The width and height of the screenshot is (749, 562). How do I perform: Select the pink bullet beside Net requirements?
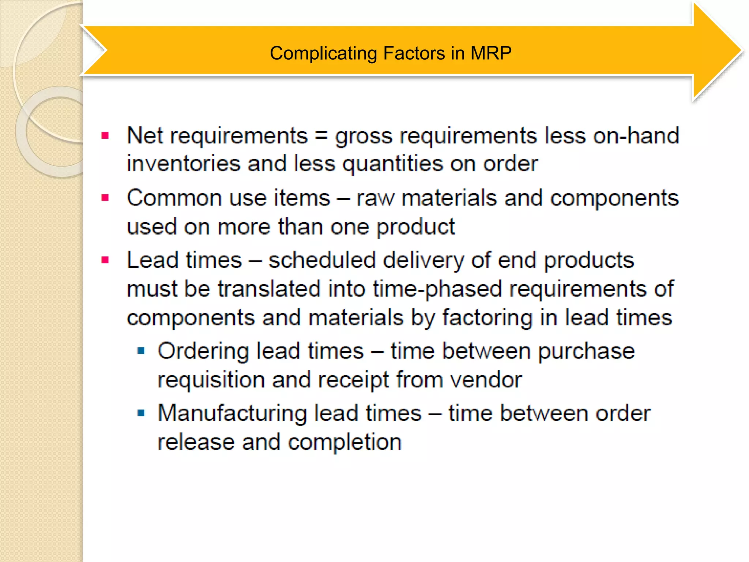pyautogui.click(x=105, y=136)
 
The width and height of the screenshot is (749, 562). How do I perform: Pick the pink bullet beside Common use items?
pyautogui.click(x=105, y=198)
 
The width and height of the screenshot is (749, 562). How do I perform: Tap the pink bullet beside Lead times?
pyautogui.click(x=105, y=260)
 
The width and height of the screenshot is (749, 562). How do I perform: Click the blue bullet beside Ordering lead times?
pyautogui.click(x=141, y=351)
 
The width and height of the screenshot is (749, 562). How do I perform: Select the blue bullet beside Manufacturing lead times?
pyautogui.click(x=141, y=413)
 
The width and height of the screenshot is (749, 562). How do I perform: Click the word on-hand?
pyautogui.click(x=636, y=136)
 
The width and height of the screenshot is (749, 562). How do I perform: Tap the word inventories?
pyautogui.click(x=184, y=164)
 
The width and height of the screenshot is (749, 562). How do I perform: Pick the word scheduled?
pyautogui.click(x=322, y=260)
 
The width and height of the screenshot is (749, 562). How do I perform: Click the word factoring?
pyautogui.click(x=488, y=318)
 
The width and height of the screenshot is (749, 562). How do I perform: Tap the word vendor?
pyautogui.click(x=486, y=380)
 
